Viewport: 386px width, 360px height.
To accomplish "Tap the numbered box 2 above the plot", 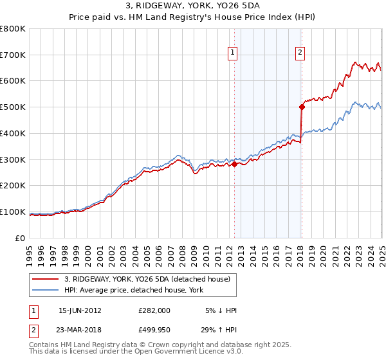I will pyautogui.click(x=300, y=53).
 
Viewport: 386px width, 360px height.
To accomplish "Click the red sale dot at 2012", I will pyautogui.click(x=234, y=164).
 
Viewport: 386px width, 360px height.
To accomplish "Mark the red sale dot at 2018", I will pyautogui.click(x=302, y=107).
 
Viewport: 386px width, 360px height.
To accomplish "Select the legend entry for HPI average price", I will pyautogui.click(x=134, y=290).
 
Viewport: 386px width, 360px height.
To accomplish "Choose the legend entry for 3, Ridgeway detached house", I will pyautogui.click(x=151, y=278).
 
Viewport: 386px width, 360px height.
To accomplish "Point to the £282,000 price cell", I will pyautogui.click(x=154, y=310).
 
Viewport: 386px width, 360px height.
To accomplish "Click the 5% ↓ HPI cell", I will pyautogui.click(x=221, y=310).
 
